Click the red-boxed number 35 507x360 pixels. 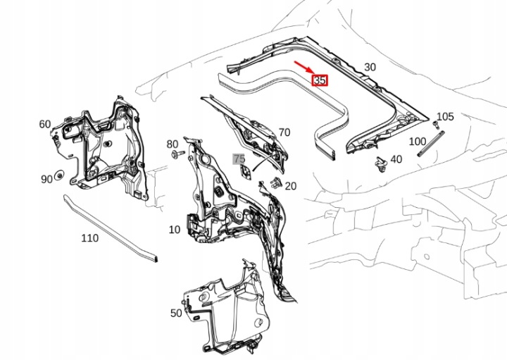(320, 80)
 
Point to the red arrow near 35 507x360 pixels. (303, 67)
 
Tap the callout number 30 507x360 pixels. (370, 67)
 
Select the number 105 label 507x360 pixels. (445, 116)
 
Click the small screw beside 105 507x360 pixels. (435, 125)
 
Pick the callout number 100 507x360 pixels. (418, 142)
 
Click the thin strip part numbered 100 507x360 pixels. (432, 143)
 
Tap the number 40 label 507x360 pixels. (396, 159)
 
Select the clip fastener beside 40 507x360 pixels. (380, 165)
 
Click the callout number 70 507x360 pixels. (284, 132)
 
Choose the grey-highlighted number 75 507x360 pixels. (239, 159)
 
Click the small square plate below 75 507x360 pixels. (246, 172)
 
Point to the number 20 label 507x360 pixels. (291, 186)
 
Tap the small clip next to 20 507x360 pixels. (275, 182)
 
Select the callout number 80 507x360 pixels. (173, 144)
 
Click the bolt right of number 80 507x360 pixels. (178, 154)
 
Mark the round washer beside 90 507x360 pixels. (59, 175)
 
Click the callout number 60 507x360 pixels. (45, 124)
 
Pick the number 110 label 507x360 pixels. (89, 238)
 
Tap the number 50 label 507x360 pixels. (176, 313)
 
